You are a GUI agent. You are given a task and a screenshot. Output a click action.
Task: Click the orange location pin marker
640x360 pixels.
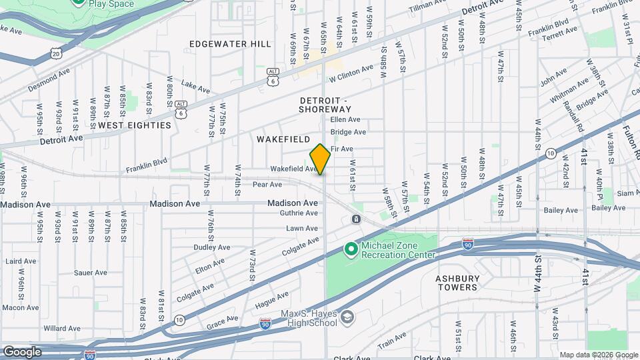tap(320, 159)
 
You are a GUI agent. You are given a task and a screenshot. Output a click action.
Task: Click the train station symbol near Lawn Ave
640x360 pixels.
tap(357, 219)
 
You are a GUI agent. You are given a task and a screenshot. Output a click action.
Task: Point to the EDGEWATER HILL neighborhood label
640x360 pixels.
tap(230, 44)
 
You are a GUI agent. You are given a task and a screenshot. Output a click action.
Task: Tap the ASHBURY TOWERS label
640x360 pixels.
tap(457, 283)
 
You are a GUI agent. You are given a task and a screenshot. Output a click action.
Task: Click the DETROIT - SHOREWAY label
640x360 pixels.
tap(325, 104)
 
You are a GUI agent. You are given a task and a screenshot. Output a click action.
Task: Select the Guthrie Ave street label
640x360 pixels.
tap(302, 213)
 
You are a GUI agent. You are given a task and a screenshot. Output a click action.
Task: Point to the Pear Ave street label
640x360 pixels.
tap(267, 185)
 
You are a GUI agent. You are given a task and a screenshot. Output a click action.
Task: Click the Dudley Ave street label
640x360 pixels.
tap(211, 247)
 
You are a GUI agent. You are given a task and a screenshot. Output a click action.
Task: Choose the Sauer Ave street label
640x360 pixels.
tap(91, 273)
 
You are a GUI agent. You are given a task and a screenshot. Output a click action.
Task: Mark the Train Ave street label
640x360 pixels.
tap(392, 344)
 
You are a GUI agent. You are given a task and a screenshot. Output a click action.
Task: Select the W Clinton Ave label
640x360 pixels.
tap(351, 73)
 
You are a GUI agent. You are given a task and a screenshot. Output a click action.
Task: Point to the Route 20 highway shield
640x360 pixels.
tap(56, 53)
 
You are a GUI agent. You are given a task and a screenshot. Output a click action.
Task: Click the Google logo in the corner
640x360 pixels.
tap(22, 351)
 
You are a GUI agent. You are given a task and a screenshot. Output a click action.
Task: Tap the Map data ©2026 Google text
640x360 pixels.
tap(598, 355)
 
